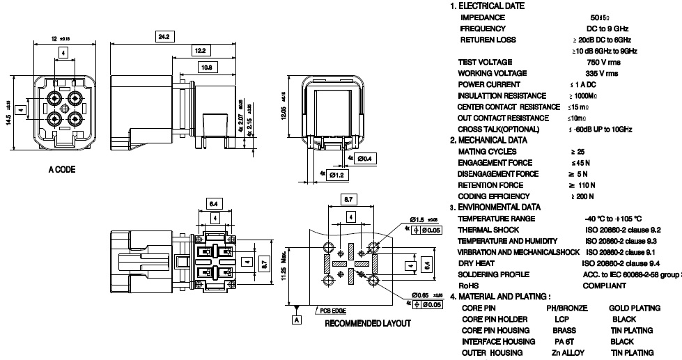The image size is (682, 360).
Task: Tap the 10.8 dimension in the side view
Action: (x=207, y=68)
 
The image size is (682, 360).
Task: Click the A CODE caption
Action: (x=62, y=170)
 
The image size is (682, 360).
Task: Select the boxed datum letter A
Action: (x=297, y=320)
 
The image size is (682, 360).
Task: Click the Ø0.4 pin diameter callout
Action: (x=363, y=159)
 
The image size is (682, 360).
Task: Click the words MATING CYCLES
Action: (x=487, y=151)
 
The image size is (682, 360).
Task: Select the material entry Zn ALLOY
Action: (x=568, y=353)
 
